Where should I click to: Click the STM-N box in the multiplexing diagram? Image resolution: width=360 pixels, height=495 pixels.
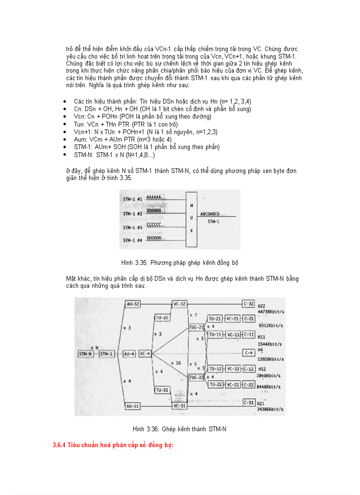click(85, 354)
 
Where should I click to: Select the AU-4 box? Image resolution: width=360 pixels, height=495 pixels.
click(130, 354)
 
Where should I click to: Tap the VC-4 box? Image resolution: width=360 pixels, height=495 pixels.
click(145, 354)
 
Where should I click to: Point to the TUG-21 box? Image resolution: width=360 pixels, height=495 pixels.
click(196, 327)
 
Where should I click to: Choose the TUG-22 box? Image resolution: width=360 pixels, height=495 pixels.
click(196, 378)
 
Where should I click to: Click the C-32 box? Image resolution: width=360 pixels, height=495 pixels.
click(249, 304)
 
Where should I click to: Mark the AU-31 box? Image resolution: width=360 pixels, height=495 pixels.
click(132, 405)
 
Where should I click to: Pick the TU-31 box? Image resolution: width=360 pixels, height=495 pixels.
click(162, 390)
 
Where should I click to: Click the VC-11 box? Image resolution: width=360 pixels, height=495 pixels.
click(232, 335)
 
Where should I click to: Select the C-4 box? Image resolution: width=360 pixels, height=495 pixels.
click(249, 353)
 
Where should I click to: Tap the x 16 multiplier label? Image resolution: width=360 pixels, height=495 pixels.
click(176, 362)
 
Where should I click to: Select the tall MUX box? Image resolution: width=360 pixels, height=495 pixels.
click(191, 219)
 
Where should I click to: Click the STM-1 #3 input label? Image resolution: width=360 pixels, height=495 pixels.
click(132, 227)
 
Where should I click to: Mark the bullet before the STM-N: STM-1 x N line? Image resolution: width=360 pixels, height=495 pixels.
click(65, 155)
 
